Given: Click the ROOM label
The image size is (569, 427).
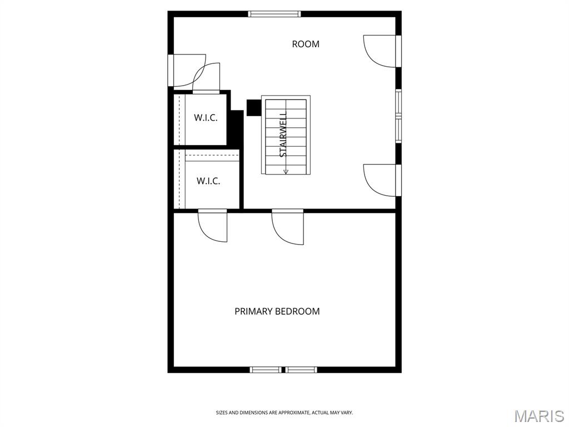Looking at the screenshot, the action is coord(306,44).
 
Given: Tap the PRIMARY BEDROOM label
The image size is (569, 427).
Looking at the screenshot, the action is coord(277,311).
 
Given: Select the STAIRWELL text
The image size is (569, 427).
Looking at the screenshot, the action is coord(283,134).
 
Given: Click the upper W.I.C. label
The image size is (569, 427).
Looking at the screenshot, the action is coord(206,118).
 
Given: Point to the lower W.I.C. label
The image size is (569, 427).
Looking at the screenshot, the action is coord(208,181).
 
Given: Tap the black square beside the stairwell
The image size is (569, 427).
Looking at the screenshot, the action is coord(253,107).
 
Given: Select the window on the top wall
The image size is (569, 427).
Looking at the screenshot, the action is coord(274,14).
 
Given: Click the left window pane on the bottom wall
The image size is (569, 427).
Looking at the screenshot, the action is coord(265,370).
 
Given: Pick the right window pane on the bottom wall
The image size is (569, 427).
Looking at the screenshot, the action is coord(301,370).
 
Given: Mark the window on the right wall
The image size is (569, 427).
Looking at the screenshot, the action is coord(398,116).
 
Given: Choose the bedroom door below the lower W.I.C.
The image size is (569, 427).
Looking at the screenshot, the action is coord(212,225).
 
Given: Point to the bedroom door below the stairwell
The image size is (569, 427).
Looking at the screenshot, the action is coord(287,227).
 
